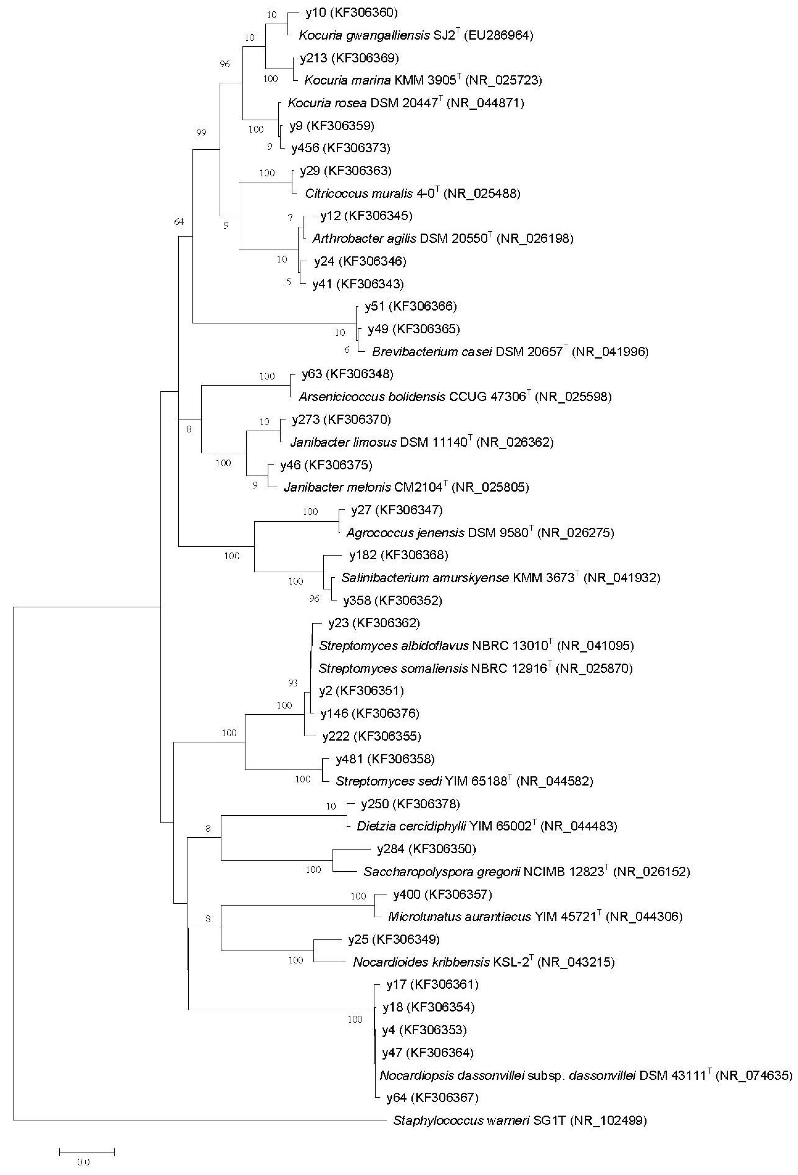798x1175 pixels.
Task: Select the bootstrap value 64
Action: (x=179, y=221)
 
